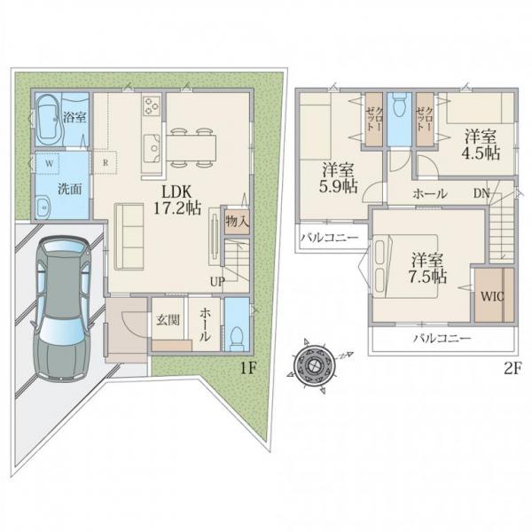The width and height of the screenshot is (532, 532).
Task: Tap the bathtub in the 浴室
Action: pyautogui.click(x=50, y=120)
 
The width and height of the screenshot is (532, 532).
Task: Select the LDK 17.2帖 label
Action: pyautogui.click(x=177, y=200)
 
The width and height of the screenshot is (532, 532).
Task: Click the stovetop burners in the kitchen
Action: pyautogui.click(x=152, y=106)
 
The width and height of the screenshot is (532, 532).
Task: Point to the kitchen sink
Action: pyautogui.click(x=152, y=148)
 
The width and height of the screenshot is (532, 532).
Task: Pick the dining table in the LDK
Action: pyautogui.click(x=191, y=147)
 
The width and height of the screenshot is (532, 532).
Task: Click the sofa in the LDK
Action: pyautogui.click(x=129, y=237)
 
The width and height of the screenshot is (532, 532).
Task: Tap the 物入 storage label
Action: pyautogui.click(x=237, y=222)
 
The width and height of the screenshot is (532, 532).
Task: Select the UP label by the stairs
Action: pyautogui.click(x=217, y=282)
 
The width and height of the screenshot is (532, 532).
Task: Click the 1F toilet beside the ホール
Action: pyautogui.click(x=237, y=338)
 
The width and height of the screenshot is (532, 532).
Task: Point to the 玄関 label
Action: pyautogui.click(x=168, y=319)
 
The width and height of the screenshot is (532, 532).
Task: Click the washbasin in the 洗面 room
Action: pyautogui.click(x=43, y=207)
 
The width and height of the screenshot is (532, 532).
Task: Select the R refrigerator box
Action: pyautogui.click(x=105, y=163)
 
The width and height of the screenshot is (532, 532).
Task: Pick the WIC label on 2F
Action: pyautogui.click(x=492, y=297)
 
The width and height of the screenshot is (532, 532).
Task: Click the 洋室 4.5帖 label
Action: pyautogui.click(x=481, y=145)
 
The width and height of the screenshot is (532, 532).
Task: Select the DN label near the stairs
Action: pyautogui.click(x=481, y=193)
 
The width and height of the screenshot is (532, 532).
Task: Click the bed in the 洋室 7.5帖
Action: pyautogui.click(x=406, y=266)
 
